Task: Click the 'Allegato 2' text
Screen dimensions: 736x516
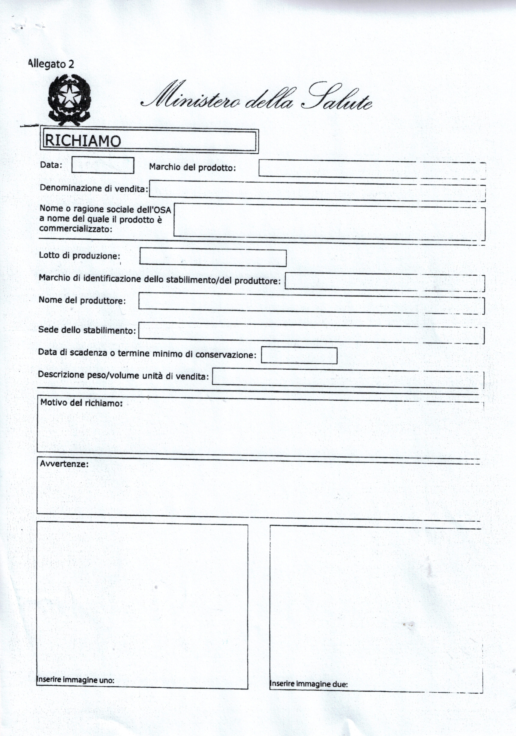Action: click(51, 64)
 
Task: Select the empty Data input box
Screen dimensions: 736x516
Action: click(103, 165)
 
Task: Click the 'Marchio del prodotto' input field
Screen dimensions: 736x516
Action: click(372, 169)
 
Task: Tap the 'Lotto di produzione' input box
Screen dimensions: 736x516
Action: click(213, 258)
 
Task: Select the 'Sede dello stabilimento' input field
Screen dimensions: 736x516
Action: click(311, 332)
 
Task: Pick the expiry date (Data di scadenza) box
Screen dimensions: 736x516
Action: click(299, 355)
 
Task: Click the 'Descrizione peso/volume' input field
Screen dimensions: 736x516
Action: click(348, 377)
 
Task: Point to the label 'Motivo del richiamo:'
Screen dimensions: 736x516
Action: click(81, 403)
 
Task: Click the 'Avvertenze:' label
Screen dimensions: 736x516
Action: click(64, 464)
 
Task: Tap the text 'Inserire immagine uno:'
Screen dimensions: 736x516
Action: click(76, 680)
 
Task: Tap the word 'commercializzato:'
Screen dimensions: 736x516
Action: click(76, 229)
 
